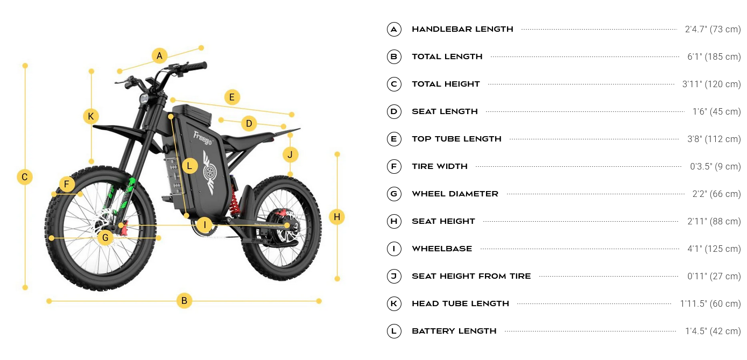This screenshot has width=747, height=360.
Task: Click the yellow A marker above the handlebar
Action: [x=159, y=55]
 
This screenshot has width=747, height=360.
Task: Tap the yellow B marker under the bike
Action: [x=184, y=301]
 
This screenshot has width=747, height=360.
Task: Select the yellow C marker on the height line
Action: [x=25, y=177]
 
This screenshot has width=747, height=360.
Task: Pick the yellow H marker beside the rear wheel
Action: [x=337, y=217]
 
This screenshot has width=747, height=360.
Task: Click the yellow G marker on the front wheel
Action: [x=105, y=238]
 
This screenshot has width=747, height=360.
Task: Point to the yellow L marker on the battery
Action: [x=189, y=166]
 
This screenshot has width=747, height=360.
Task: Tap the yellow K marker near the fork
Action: [x=91, y=116]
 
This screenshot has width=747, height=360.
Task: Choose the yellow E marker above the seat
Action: [x=232, y=97]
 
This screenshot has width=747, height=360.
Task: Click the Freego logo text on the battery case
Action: [x=203, y=138]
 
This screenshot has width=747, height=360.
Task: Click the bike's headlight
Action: [x=144, y=98]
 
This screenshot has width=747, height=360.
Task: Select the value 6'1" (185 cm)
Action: [x=714, y=57]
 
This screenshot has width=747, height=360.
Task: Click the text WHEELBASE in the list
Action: [x=442, y=249]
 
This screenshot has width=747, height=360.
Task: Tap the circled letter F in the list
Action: [x=394, y=166]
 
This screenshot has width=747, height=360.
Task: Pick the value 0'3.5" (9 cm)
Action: [x=715, y=166]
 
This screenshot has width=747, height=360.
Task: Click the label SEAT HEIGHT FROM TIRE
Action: [x=471, y=276]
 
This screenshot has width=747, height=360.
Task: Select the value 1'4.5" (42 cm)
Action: [x=713, y=331]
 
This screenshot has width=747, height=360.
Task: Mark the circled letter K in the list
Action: [x=394, y=303]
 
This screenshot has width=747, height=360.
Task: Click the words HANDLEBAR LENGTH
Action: [x=462, y=30]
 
